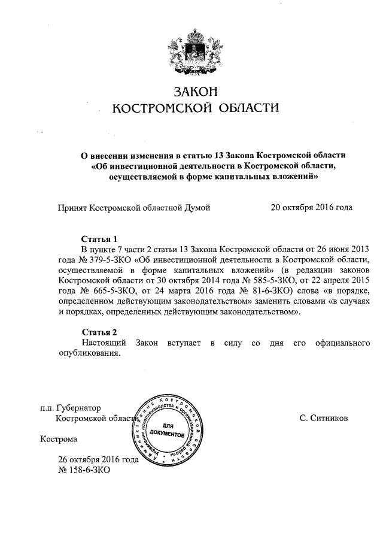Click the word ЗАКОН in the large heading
196,92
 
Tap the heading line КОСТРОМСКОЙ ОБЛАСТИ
196,108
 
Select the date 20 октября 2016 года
311,208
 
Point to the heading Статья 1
98,238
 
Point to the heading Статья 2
98,331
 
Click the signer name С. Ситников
323,418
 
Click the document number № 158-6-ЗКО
84,470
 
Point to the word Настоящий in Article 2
102,342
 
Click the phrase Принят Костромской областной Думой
133,208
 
